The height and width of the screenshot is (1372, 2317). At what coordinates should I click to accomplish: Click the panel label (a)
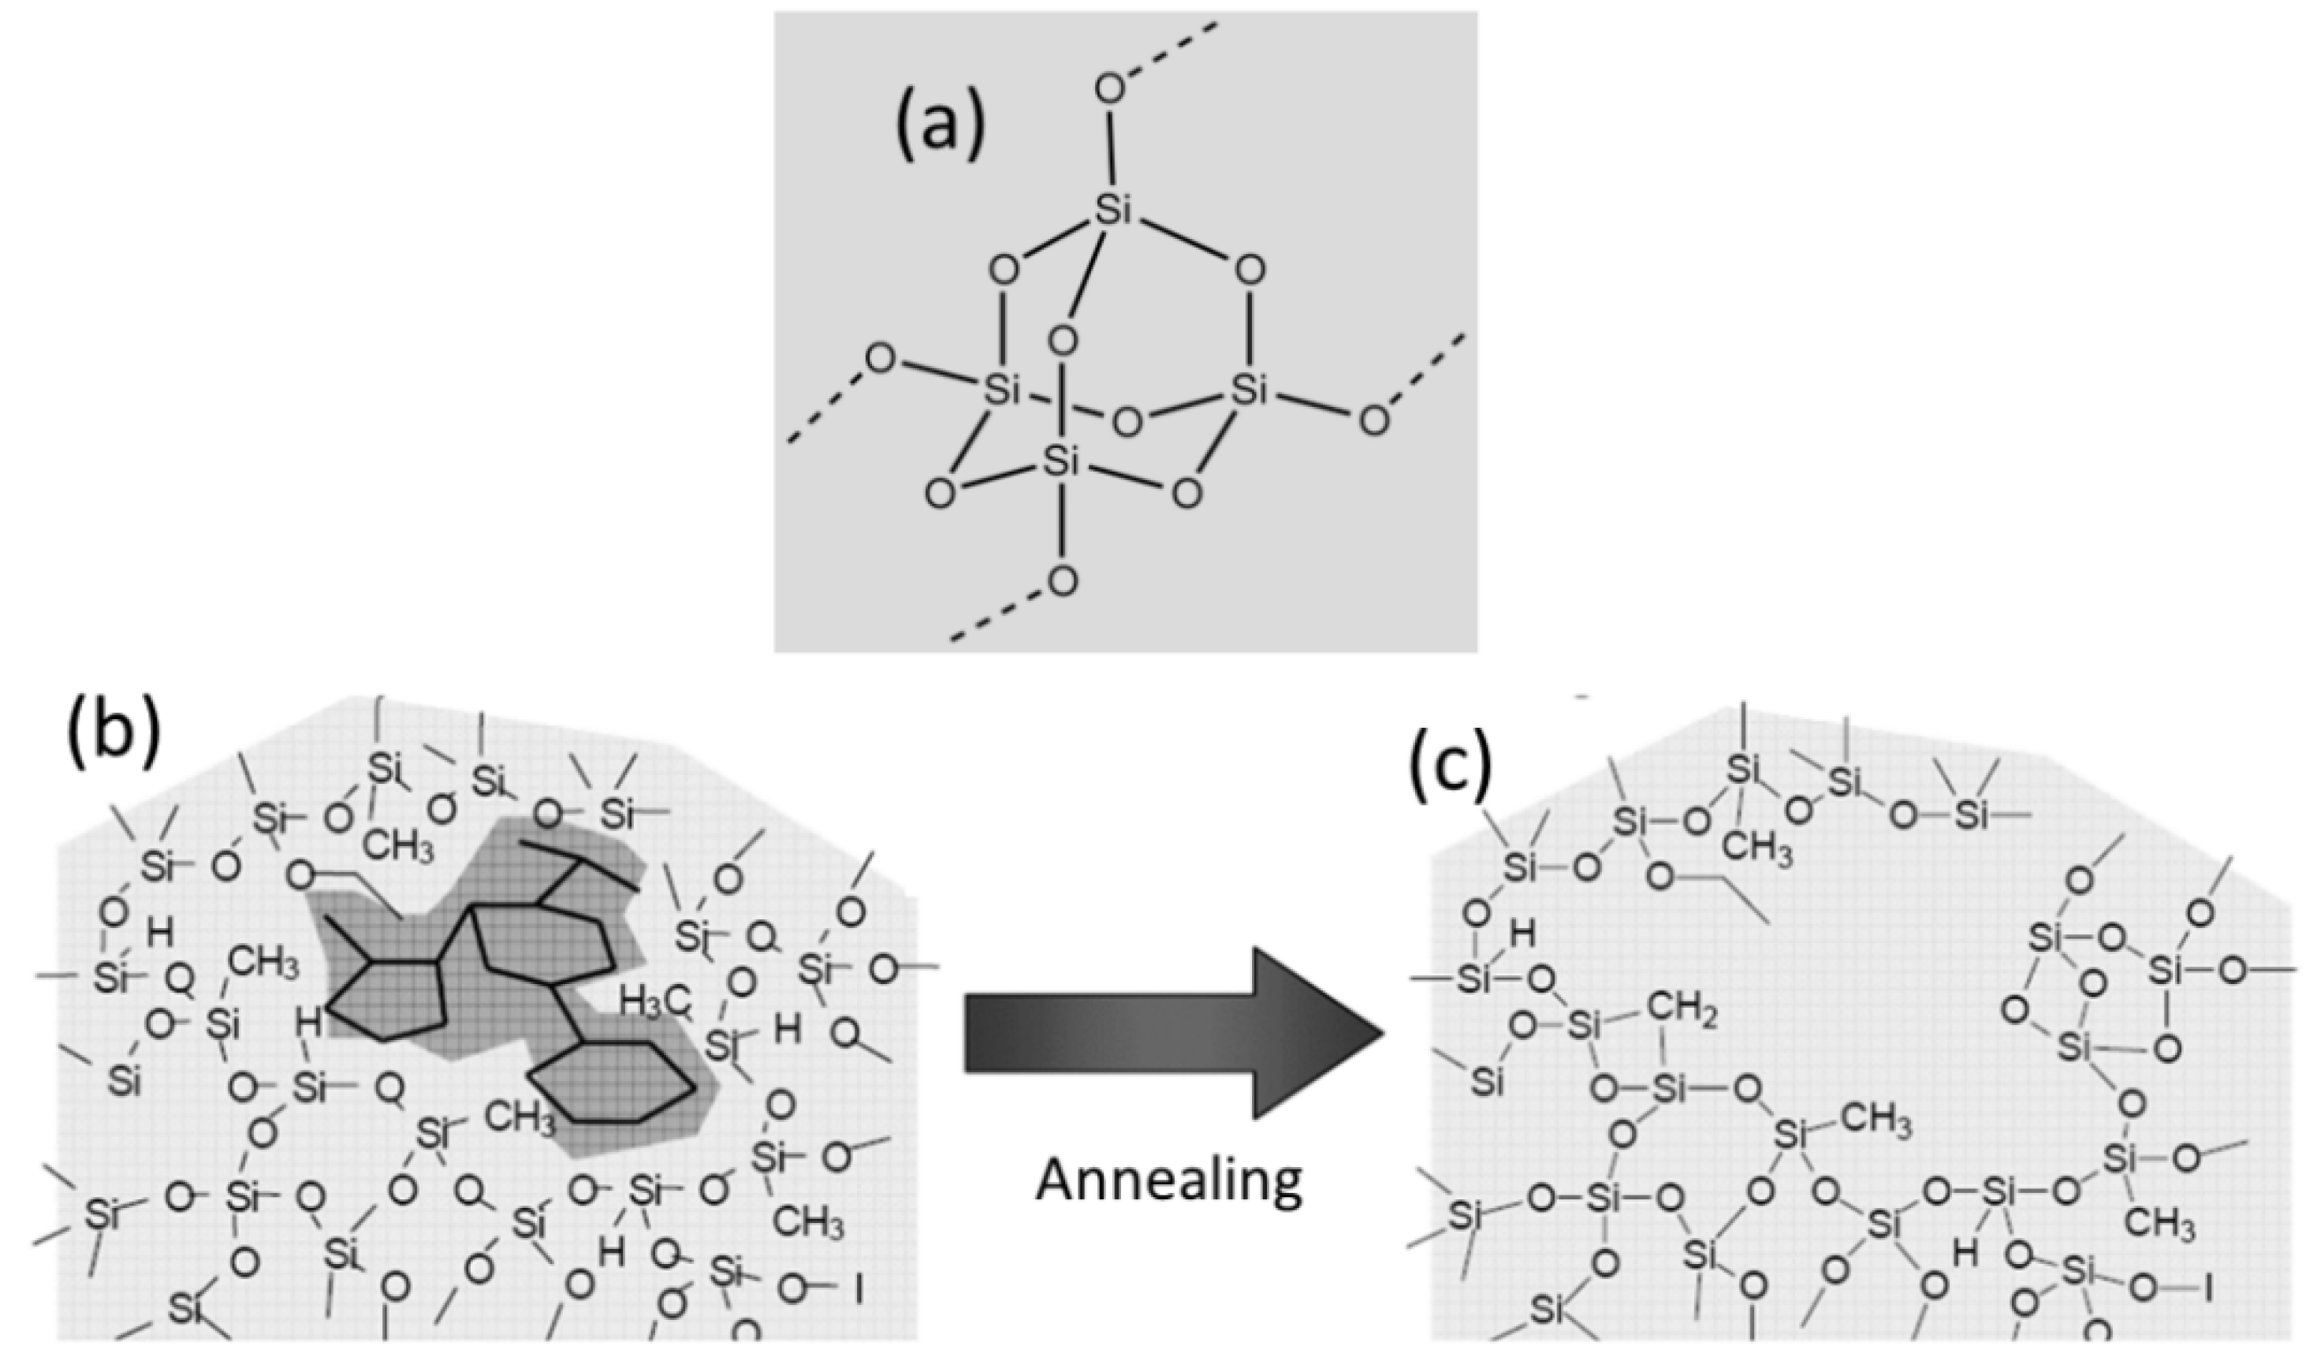(x=939, y=129)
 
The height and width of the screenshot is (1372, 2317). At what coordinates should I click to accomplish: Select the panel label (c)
(x=1449, y=767)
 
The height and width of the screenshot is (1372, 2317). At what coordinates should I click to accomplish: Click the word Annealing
(x=1168, y=1180)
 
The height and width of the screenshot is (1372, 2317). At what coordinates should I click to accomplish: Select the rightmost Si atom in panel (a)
(x=1249, y=392)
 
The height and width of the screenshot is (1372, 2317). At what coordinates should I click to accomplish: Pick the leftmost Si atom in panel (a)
(x=1002, y=392)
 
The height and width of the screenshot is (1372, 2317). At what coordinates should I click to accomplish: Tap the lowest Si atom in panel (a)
(x=1061, y=461)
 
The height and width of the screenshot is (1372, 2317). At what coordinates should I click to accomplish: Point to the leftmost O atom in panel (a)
(x=879, y=359)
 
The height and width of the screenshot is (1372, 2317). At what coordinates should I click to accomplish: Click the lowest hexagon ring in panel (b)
(x=613, y=1083)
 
